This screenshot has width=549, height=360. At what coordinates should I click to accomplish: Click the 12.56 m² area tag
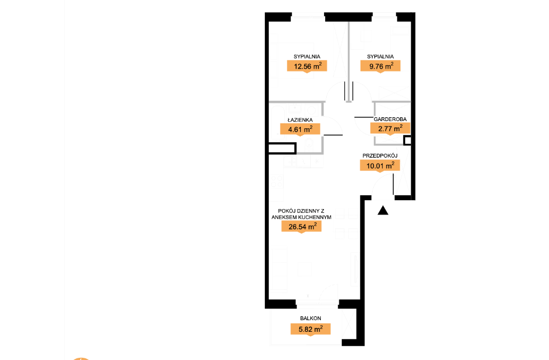tap(307, 66)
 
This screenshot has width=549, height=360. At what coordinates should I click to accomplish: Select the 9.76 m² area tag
tap(380, 66)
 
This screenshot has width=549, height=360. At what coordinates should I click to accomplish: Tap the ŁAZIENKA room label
tap(300, 120)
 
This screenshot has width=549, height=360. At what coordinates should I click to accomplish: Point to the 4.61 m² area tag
tap(300, 129)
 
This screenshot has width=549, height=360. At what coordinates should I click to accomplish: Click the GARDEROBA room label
tap(390, 119)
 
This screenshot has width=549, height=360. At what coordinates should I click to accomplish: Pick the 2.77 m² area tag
tap(390, 128)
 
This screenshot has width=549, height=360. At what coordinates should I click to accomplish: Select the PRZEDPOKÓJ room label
tap(380, 155)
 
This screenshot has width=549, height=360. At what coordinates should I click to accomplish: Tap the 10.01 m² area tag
tap(380, 166)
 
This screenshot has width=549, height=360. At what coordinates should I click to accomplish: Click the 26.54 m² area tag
tap(301, 227)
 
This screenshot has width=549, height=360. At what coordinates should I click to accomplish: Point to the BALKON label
tap(310, 319)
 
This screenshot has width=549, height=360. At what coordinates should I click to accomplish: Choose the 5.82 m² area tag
tap(310, 329)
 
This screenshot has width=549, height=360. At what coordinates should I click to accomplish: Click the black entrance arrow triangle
tap(383, 210)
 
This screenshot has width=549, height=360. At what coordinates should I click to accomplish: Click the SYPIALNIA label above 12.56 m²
tap(307, 56)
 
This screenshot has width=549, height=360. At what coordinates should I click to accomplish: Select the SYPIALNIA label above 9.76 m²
tap(380, 56)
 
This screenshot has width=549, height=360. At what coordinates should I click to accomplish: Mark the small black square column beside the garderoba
tap(407, 141)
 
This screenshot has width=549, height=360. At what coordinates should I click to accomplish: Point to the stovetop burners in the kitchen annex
tap(276, 181)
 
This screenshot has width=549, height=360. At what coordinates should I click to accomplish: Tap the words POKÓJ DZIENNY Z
tap(301, 211)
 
